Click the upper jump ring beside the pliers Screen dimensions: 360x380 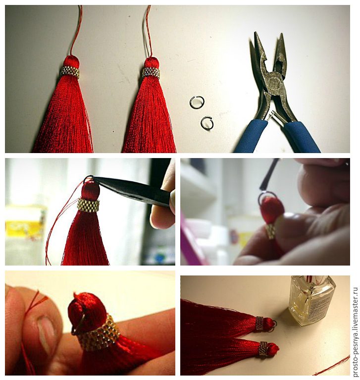[191, 102]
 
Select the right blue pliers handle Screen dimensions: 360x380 [303, 137]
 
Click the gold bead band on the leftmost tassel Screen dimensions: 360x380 [70, 72]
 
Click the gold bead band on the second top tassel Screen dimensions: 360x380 [151, 72]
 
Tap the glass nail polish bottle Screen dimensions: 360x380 [311, 300]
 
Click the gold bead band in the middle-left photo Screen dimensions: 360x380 [89, 205]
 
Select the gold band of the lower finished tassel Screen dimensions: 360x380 [263, 349]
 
